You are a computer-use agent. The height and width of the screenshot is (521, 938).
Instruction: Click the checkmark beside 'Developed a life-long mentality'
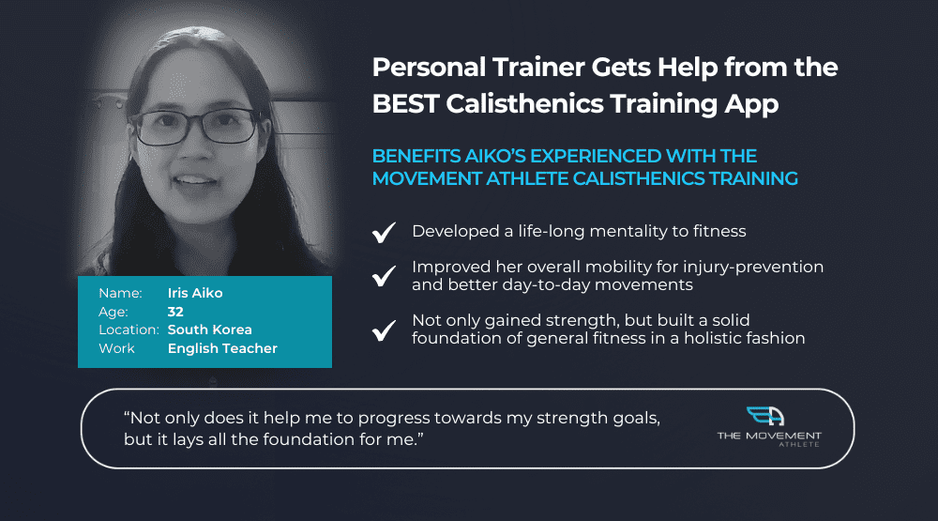tap(384, 233)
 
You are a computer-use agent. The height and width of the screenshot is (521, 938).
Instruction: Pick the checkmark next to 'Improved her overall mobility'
tap(384, 276)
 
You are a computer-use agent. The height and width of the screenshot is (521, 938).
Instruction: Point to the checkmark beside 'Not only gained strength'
tap(384, 330)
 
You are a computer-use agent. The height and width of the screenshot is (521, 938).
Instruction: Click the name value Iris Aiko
tap(195, 293)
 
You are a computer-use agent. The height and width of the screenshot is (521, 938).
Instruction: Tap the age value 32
tap(175, 312)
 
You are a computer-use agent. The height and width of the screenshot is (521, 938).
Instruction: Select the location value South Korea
tap(209, 329)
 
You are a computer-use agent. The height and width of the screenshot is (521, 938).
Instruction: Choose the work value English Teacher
tap(222, 348)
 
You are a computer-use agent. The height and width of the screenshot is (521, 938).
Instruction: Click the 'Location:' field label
tap(129, 329)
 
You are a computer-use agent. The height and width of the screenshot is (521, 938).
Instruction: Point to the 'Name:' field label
tap(120, 293)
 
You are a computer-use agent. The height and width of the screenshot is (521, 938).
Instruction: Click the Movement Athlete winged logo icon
tap(765, 416)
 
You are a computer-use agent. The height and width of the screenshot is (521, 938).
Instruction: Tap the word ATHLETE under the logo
tap(798, 444)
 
